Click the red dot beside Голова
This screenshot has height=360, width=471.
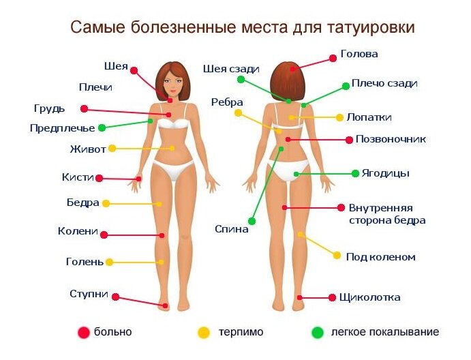pyautogui.click(x=333, y=58)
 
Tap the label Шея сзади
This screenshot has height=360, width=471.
pyautogui.click(x=231, y=68)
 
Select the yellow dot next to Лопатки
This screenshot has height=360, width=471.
pyautogui.click(x=339, y=117)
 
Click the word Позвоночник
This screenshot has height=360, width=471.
pyautogui.click(x=391, y=139)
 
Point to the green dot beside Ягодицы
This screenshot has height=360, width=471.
pyautogui.click(x=355, y=173)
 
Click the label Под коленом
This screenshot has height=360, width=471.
pyautogui.click(x=380, y=257)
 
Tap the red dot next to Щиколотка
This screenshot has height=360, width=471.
pyautogui.click(x=333, y=297)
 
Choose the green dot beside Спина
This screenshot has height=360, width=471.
pyautogui.click(x=252, y=221)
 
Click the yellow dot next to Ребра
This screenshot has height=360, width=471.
pyautogui.click(x=238, y=112)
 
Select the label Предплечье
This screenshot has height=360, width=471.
pyautogui.click(x=62, y=127)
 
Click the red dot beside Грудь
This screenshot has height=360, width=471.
pyautogui.click(x=84, y=108)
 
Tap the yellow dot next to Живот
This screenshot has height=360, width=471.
pyautogui.click(x=112, y=148)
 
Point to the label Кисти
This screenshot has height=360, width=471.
pyautogui.click(x=77, y=177)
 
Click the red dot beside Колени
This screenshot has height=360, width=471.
pyautogui.click(x=104, y=235)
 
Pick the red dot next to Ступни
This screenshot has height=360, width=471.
pyautogui.click(x=115, y=297)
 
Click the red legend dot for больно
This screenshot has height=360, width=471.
pyautogui.click(x=84, y=333)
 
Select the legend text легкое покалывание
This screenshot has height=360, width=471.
pyautogui.click(x=384, y=333)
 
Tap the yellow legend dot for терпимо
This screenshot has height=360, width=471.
pyautogui.click(x=203, y=333)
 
